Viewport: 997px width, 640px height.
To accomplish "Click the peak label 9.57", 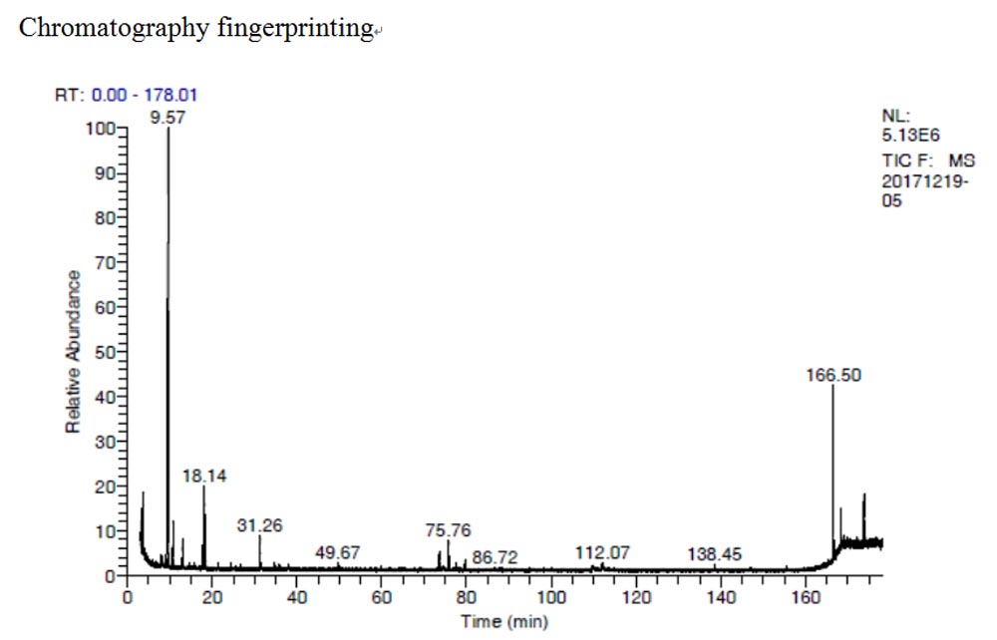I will click(167, 117).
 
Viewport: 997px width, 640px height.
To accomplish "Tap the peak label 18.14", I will click(204, 477).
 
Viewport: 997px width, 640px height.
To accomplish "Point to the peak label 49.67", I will click(338, 553).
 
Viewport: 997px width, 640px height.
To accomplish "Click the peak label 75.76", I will click(448, 530).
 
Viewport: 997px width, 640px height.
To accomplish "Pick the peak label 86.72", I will click(495, 557).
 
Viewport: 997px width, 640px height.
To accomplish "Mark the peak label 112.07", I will click(603, 553).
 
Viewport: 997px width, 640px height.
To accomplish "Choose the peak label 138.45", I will click(714, 554).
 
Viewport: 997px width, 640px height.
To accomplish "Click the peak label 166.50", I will click(833, 376).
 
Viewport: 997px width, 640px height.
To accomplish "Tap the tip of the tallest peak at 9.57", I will click(168, 129).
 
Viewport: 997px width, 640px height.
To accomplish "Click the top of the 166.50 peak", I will click(833, 386).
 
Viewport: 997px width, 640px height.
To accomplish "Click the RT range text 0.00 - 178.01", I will click(145, 96).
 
